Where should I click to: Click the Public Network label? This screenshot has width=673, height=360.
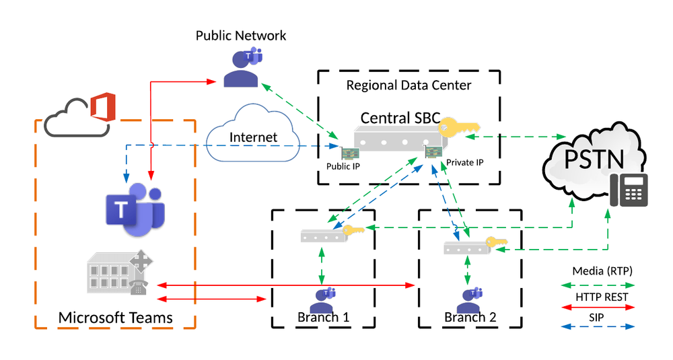click(x=241, y=35)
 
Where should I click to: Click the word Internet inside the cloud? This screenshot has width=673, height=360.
click(x=253, y=137)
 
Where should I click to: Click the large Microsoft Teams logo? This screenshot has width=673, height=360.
click(x=135, y=209)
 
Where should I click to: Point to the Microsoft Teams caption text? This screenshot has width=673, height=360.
click(x=115, y=317)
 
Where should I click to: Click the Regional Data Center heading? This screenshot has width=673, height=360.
click(x=409, y=85)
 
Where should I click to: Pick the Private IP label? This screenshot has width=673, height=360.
click(x=464, y=162)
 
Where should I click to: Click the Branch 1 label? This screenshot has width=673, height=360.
click(x=322, y=317)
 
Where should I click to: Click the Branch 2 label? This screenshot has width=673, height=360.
click(x=470, y=317)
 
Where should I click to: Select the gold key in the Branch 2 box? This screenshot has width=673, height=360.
click(x=496, y=243)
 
